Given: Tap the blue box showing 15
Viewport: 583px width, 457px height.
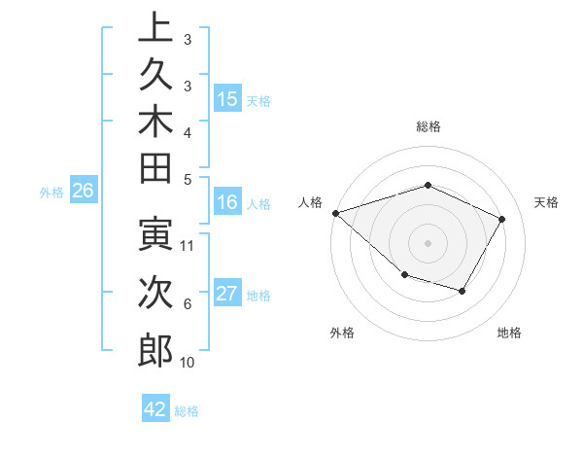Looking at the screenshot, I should pos(228,99).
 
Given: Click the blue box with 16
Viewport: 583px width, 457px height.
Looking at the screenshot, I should pos(228,203).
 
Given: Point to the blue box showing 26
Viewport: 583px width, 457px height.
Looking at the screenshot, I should pos(84,192).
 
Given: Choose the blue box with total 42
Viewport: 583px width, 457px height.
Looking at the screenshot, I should pos(155,409).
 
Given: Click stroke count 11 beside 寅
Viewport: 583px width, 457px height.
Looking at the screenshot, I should pos(189,245).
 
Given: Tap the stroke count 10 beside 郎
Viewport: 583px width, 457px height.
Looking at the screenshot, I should pos(188,363).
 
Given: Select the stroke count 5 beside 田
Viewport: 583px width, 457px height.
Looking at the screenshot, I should pos(188,178).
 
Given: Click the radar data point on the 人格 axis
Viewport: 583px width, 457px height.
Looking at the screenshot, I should pos(335,212).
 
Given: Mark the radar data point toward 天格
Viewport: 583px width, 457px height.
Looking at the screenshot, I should pos(502,219).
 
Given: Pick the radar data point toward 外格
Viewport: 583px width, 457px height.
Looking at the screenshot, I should pos(404,276).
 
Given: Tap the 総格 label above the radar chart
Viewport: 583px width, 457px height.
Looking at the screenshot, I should pos(428,126).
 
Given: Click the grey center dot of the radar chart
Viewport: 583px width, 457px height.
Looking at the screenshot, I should pos(428,242).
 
